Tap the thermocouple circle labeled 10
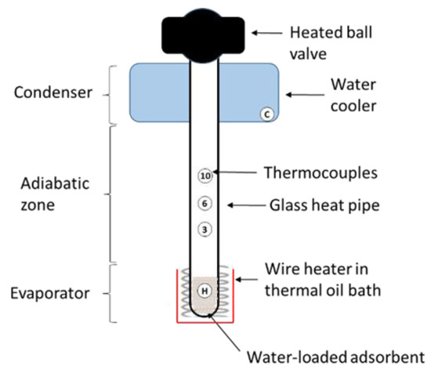[205, 176]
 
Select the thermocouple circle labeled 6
[205, 204]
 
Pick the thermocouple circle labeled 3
[205, 230]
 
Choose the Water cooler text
[339, 93]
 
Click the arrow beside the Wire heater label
[255, 280]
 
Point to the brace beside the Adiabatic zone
[111, 194]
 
